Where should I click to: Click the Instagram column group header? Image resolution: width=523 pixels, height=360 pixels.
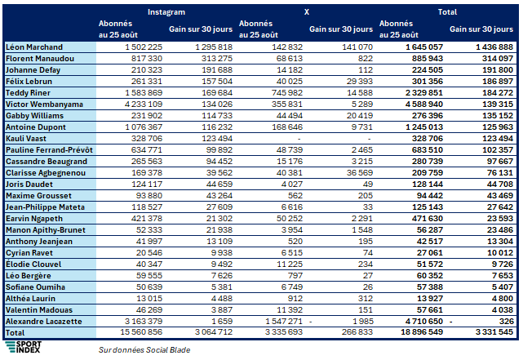pos(166,12)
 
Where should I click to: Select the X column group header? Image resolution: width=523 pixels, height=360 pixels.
pos(307,12)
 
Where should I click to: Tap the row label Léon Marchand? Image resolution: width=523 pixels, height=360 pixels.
pos(34,47)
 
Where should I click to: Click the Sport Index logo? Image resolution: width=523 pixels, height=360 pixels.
pos(24,347)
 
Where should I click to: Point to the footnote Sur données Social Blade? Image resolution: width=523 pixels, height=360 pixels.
pos(144,349)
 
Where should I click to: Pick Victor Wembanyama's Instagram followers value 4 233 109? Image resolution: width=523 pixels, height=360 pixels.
pos(144,104)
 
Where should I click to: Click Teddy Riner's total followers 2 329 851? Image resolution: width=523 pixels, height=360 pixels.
pos(424,93)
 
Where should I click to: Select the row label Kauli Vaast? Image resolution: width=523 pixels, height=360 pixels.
pos(26,139)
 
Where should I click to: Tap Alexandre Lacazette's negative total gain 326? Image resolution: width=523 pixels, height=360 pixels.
pos(507,322)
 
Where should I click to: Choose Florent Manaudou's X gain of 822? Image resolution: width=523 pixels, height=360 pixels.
pos(366,59)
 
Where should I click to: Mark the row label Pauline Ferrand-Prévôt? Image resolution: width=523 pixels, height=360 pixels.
pos(49,150)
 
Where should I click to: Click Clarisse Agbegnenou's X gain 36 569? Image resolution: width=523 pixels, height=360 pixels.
pos(359,172)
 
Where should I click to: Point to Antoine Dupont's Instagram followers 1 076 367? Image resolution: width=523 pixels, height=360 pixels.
pos(144,127)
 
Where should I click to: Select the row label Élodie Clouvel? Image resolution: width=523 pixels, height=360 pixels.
pos(33,264)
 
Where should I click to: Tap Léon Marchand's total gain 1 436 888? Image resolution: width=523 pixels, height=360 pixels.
pos(494,47)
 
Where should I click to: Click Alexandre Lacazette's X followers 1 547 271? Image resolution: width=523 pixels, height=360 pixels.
pos(284,322)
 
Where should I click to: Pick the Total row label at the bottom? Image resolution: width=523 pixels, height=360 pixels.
pos(15,332)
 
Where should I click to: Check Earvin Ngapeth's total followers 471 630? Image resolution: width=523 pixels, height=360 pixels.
pos(428,219)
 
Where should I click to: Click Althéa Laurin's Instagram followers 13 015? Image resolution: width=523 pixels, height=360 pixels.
pos(149,298)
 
